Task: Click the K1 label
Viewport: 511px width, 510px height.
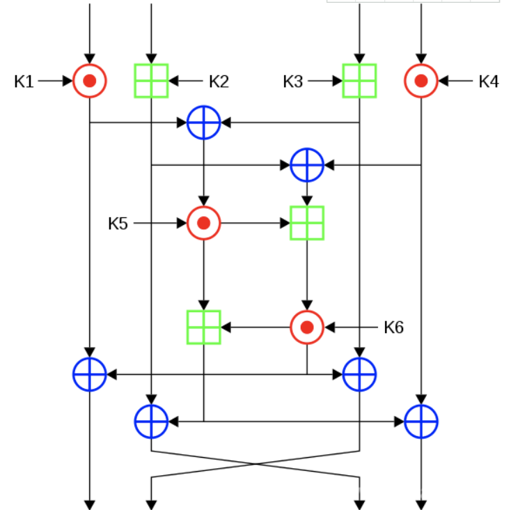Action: click(x=24, y=82)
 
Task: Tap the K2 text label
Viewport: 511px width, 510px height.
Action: click(x=219, y=82)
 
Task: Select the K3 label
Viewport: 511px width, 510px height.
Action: click(x=293, y=82)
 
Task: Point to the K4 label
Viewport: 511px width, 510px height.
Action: click(x=489, y=82)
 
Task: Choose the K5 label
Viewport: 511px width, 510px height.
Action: click(x=118, y=224)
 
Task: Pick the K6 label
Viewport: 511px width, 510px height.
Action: click(x=394, y=327)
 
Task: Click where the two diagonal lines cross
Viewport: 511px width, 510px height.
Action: click(x=255, y=464)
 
